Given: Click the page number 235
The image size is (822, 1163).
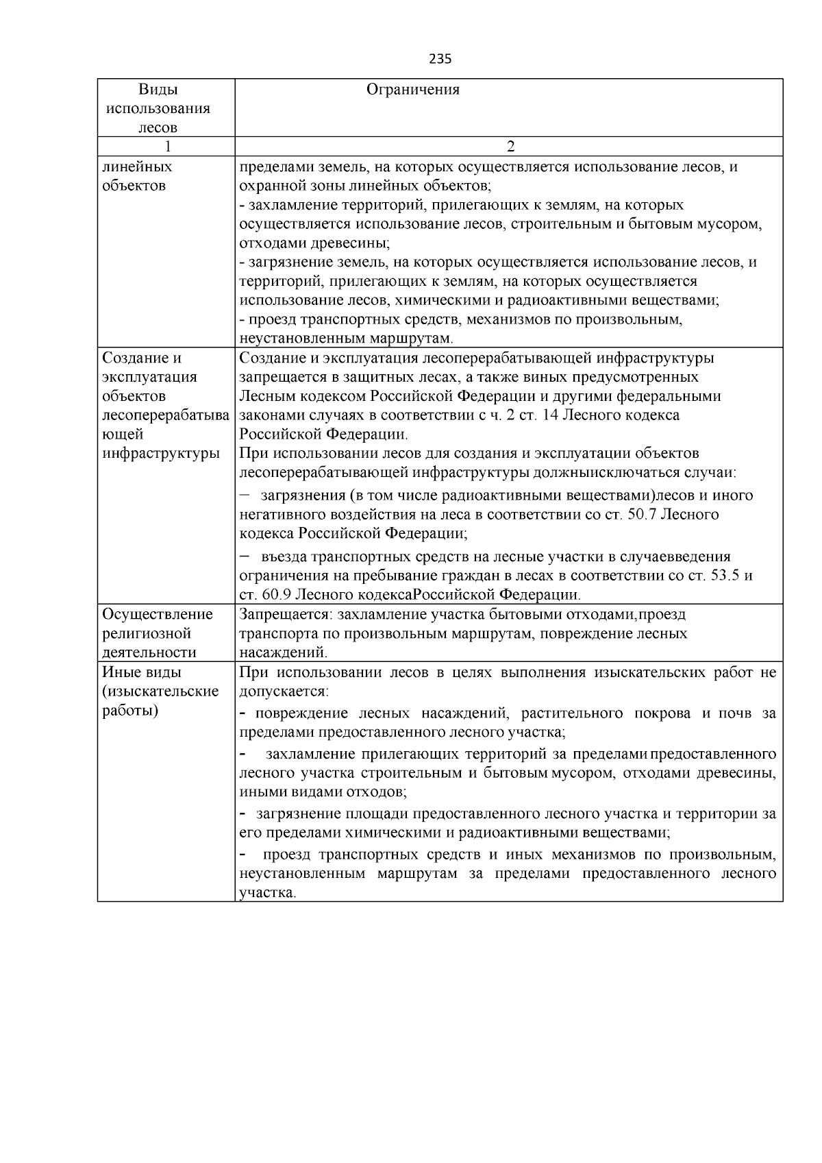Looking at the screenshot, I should pos(440,59).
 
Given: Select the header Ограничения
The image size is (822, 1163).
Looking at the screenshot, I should pos(413,90).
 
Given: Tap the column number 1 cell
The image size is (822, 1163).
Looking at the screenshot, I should pos(166,147).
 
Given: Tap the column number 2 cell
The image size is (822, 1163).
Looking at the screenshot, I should pos(509,147).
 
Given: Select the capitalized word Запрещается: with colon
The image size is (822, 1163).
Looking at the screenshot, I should pos(282,615).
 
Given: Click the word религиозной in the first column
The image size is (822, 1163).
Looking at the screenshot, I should pos(147,634).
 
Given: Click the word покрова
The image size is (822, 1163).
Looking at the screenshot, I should pos(661,713).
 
